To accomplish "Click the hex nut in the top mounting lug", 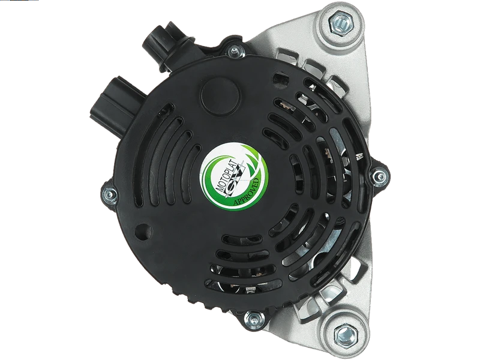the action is [x=340, y=23].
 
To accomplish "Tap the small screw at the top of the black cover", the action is [x=235, y=51].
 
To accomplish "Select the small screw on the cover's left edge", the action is [x=109, y=194].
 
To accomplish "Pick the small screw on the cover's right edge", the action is [x=380, y=176].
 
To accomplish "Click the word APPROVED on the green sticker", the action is [x=247, y=192].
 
